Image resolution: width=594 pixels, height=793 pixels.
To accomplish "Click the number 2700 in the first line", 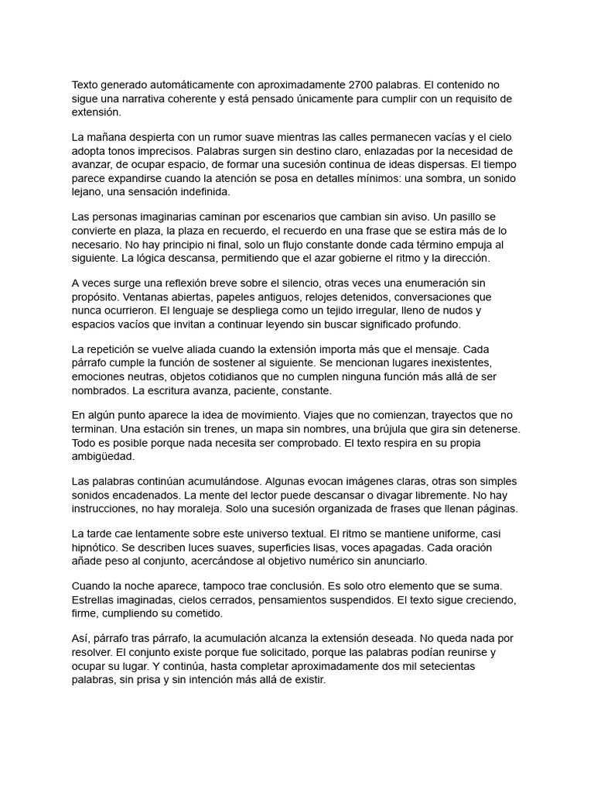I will click(x=364, y=85).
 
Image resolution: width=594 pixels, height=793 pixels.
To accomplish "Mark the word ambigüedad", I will click(x=103, y=456).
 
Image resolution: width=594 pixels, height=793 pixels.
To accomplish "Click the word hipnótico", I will click(x=97, y=548).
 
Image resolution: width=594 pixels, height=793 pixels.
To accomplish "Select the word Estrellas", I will click(x=96, y=601).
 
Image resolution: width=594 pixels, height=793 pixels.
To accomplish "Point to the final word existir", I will click(x=308, y=681).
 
